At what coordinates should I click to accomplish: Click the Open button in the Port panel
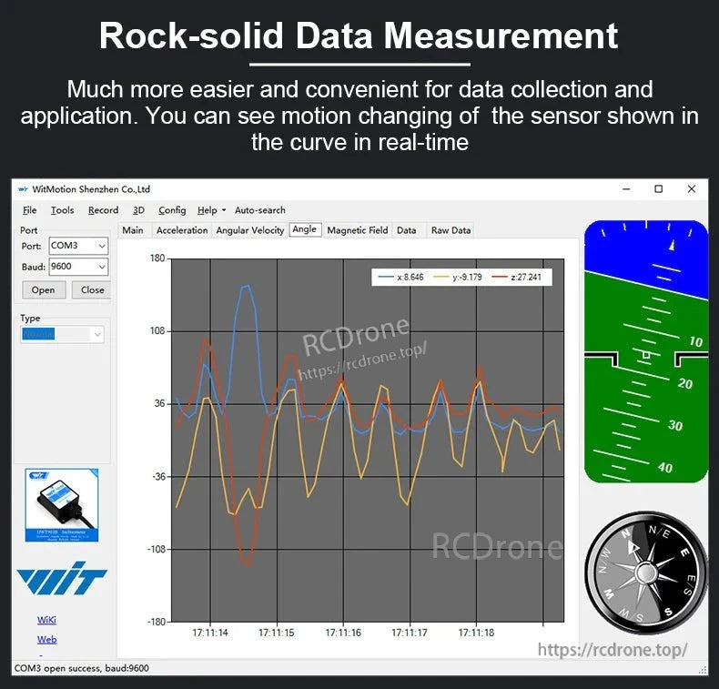43,290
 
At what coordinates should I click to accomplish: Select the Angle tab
304,229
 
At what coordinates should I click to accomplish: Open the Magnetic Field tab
357,230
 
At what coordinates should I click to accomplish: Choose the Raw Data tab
451,230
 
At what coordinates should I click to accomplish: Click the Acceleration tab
182,230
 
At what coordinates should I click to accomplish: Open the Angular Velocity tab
249,230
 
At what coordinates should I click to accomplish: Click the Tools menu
62,210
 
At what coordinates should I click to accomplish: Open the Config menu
171,210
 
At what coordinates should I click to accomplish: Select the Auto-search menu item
259,210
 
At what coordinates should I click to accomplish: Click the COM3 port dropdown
77,246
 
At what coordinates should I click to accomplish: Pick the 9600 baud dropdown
77,267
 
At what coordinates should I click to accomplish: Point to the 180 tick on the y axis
157,258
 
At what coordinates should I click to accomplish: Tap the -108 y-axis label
155,550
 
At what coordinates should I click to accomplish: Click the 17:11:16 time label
342,633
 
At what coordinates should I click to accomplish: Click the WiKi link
46,620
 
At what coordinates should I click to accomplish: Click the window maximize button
658,189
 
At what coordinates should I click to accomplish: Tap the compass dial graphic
645,572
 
